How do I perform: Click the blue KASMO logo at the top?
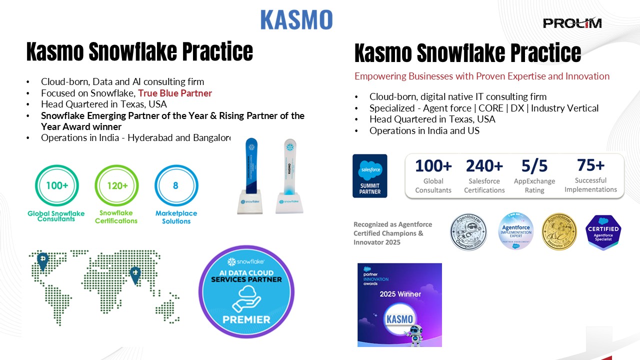(296, 19)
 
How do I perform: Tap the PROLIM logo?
(572, 23)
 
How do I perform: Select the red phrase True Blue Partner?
(175, 93)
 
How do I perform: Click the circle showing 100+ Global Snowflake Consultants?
(56, 186)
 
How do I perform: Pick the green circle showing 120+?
(116, 186)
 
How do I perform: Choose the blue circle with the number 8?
(176, 186)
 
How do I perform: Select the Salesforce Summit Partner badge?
(370, 175)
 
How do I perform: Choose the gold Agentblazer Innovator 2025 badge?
(560, 231)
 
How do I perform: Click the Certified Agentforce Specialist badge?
(603, 232)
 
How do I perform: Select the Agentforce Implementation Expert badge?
(515, 231)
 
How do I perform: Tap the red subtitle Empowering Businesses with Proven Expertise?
(482, 76)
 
